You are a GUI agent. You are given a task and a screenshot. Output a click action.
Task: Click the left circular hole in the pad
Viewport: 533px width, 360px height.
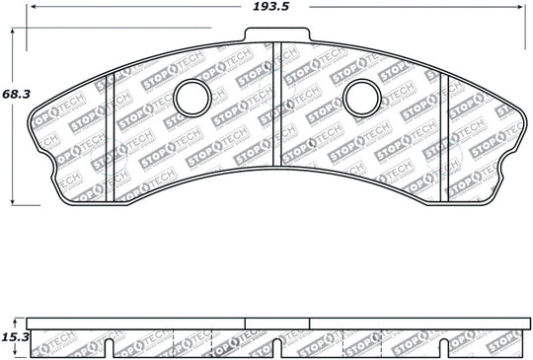click(x=191, y=96)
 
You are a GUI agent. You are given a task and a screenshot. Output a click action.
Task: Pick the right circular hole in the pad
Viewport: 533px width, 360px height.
click(x=362, y=96)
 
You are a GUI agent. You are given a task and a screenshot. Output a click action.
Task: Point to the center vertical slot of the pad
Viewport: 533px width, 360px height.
click(x=277, y=105)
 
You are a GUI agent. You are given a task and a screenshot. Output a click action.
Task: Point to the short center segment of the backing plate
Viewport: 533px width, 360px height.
click(x=277, y=323)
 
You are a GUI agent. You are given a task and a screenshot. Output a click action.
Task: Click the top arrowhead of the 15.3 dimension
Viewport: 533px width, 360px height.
click(x=13, y=319)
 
